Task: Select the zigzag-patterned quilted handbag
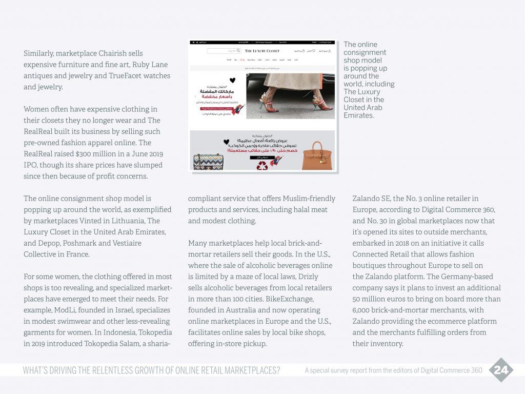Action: pyautogui.click(x=208, y=161)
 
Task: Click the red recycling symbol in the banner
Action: pyautogui.click(x=262, y=165)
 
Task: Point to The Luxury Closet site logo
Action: pyautogui.click(x=262, y=51)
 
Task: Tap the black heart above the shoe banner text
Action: pyautogui.click(x=232, y=80)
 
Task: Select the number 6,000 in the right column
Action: pyautogui.click(x=363, y=310)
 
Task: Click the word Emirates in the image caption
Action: pyautogui.click(x=359, y=115)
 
